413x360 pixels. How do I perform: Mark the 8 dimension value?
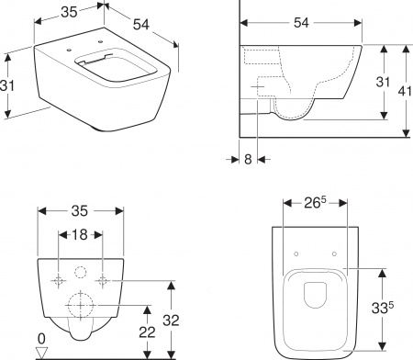click(248, 158)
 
